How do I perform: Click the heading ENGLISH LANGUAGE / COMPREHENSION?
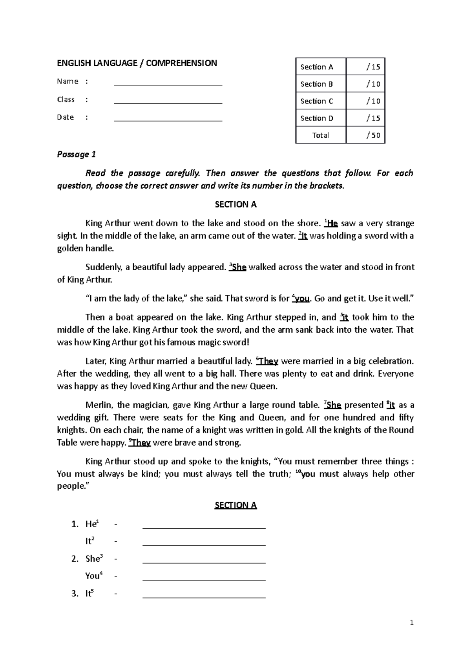pyautogui.click(x=137, y=63)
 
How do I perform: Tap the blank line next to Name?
pyautogui.click(x=168, y=84)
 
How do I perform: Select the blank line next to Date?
pyautogui.click(x=168, y=120)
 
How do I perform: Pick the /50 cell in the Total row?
pyautogui.click(x=365, y=135)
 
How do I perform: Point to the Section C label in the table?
pyautogui.click(x=317, y=101)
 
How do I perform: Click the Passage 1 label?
pyautogui.click(x=77, y=154)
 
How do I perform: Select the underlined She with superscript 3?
pyautogui.click(x=239, y=267)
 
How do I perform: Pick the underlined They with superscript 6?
pyautogui.click(x=268, y=361)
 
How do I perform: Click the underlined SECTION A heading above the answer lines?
pyautogui.click(x=235, y=505)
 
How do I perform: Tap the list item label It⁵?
pyautogui.click(x=89, y=593)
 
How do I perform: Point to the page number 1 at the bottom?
pyautogui.click(x=412, y=622)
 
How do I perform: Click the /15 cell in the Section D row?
pyautogui.click(x=365, y=118)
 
